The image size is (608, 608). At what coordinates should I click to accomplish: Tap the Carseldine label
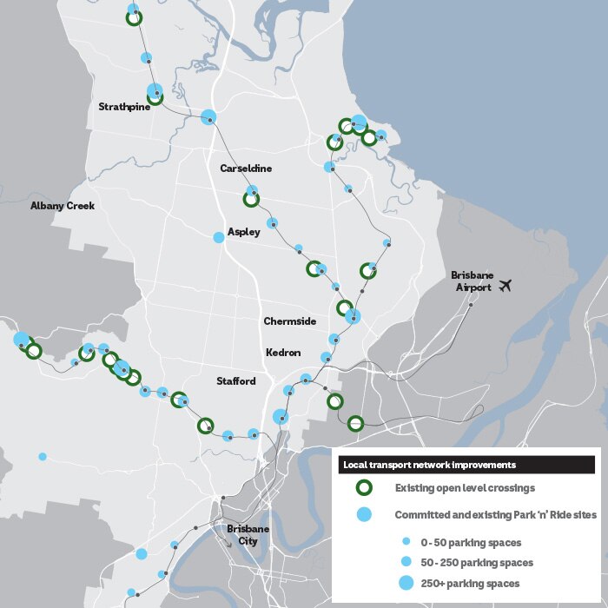click(246, 169)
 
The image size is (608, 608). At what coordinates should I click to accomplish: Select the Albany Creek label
click(62, 206)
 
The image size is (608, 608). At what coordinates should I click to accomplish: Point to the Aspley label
click(243, 232)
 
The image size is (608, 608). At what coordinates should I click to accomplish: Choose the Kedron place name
click(283, 353)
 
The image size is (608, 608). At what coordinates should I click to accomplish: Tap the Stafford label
click(236, 381)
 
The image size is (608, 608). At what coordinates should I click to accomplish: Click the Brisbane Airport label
click(471, 281)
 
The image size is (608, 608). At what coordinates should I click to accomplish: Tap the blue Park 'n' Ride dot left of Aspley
click(219, 236)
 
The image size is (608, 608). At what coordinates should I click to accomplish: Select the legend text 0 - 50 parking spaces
click(471, 543)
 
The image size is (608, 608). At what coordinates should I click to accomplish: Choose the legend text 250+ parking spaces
click(470, 583)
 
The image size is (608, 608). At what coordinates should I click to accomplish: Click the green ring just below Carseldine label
click(251, 199)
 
